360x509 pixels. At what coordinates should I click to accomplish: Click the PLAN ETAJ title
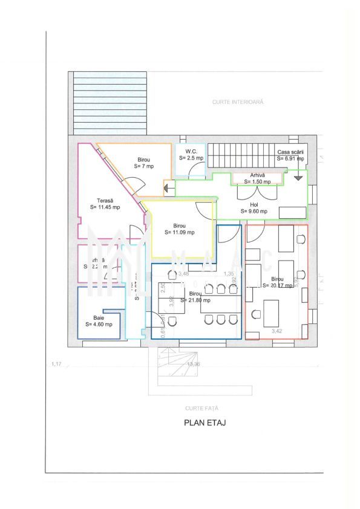click(205, 423)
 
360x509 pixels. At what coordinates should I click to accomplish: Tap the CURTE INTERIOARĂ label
click(238, 103)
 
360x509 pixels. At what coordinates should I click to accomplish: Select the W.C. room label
click(192, 151)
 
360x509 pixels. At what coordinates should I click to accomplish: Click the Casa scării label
click(290, 152)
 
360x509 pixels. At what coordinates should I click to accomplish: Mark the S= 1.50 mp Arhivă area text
click(257, 181)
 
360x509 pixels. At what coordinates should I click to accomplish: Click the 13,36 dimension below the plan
click(194, 365)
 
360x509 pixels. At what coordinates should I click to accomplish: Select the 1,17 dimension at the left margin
click(57, 364)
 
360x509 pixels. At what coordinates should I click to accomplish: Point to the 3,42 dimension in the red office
click(277, 331)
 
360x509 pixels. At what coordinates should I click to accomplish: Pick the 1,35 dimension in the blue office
click(229, 274)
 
